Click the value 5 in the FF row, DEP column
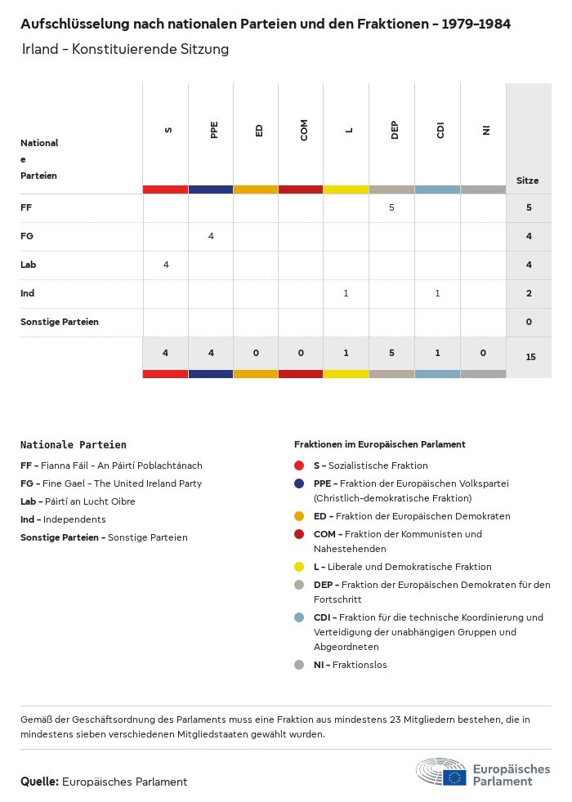391,207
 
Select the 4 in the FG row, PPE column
211,236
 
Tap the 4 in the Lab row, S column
166,265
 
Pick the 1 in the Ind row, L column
346,293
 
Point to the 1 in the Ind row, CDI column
437,293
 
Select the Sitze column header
528,180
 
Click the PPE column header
214,131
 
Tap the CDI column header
440,131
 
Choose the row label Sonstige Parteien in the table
60,322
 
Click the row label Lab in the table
29,265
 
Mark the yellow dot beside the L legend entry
300,567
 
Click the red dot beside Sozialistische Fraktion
300,466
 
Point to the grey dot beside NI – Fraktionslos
300,665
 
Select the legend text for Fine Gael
111,483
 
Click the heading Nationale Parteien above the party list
74,445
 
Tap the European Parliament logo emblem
441,773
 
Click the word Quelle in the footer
39,782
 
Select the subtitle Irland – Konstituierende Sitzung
126,49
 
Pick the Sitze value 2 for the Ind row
529,293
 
